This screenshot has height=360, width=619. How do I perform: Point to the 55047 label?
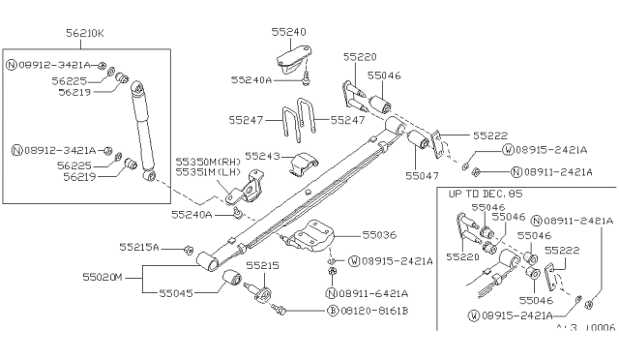click(421, 176)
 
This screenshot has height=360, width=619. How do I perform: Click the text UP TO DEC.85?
click(486, 194)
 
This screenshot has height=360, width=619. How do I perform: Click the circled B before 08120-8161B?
click(332, 311)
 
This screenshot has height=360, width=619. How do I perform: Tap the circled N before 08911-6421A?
click(332, 293)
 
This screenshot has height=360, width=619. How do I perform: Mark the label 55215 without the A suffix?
click(261, 264)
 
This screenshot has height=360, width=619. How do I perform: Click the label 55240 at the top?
click(289, 31)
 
